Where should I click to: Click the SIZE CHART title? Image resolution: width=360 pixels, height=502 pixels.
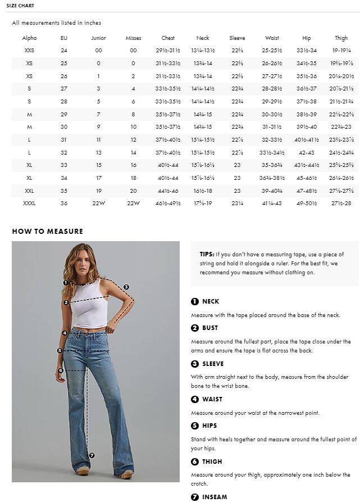[20, 6]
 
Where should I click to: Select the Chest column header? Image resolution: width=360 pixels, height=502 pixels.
[168, 38]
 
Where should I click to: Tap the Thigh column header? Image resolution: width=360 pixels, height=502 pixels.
[341, 38]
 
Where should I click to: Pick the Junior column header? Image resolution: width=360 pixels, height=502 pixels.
[98, 38]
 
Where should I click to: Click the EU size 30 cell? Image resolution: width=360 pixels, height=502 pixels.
[63, 127]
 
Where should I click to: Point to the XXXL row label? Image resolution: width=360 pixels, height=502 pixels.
[29, 203]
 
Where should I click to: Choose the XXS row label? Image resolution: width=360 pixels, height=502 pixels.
[29, 51]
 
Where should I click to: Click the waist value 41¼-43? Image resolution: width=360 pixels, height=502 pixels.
[272, 203]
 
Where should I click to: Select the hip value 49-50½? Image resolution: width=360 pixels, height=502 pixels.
[307, 203]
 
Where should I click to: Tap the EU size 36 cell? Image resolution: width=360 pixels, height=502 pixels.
[63, 203]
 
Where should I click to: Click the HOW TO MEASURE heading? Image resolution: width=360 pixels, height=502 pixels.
[47, 231]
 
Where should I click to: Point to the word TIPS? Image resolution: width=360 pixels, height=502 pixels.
[207, 254]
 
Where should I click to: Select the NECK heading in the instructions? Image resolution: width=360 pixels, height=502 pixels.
[211, 301]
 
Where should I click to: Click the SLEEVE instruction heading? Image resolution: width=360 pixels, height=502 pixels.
[213, 364]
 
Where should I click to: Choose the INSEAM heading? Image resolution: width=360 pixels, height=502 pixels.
[215, 497]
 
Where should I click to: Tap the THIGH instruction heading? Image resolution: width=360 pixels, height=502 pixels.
[212, 462]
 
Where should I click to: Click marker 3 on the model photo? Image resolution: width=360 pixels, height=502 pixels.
[126, 287]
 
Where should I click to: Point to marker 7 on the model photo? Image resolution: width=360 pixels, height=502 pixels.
[92, 455]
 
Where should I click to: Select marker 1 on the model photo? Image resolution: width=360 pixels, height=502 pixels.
[66, 283]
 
